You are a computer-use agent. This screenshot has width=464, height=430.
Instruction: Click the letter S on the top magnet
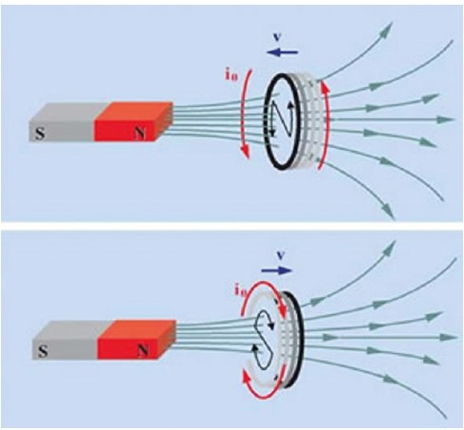pyautogui.click(x=40, y=134)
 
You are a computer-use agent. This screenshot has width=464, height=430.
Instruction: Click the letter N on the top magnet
pyautogui.click(x=139, y=134)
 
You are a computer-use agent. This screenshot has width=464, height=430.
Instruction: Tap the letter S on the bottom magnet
pyautogui.click(x=43, y=351)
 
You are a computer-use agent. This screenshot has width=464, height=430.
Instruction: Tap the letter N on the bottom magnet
pyautogui.click(x=143, y=350)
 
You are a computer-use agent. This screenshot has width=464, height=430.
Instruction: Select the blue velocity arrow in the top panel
pyautogui.click(x=282, y=52)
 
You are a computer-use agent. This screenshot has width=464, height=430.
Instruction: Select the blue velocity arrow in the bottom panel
pyautogui.click(x=277, y=271)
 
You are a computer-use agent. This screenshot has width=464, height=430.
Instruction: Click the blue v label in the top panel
pyautogui.click(x=277, y=36)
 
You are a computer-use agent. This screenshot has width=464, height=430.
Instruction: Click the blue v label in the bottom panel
pyautogui.click(x=280, y=256)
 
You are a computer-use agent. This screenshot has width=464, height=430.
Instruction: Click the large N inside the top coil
pyautogui.click(x=283, y=119)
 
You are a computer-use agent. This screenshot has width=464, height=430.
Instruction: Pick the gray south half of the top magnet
pyautogui.click(x=62, y=122)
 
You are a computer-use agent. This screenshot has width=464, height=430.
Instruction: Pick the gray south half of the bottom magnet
pyautogui.click(x=65, y=340)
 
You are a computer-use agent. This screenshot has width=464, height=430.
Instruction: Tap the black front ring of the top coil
pyautogui.click(x=266, y=121)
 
